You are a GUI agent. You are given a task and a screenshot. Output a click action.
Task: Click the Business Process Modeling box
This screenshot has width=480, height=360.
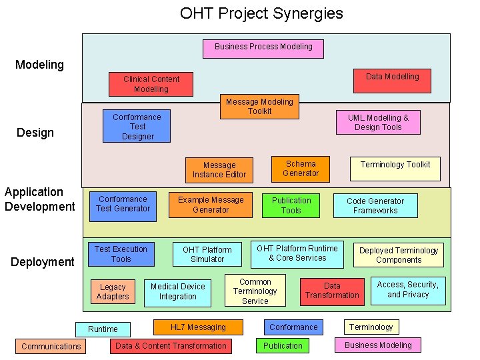tap(263, 48)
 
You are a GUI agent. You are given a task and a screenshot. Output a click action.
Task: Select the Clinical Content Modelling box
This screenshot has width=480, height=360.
tap(151, 84)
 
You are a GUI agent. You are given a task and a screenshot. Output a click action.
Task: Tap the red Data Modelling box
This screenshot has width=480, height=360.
tap(392, 80)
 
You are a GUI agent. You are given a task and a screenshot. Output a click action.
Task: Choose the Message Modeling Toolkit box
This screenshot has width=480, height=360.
tap(259, 107)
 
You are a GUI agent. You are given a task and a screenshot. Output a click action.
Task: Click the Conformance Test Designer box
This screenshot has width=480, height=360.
tap(137, 127)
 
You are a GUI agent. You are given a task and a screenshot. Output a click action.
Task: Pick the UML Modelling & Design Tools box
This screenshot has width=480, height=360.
tap(378, 123)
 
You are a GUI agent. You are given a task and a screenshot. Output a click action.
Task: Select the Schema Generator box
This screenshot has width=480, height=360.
tap(301, 169)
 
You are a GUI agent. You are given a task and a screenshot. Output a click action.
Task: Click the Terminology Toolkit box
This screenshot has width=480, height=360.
tap(395, 169)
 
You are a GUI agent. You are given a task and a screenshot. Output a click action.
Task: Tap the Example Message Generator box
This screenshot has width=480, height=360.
tap(211, 205)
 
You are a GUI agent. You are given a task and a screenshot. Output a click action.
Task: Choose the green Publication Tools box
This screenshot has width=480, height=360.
tap(291, 205)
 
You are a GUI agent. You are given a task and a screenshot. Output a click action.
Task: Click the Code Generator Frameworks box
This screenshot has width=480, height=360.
tap(375, 205)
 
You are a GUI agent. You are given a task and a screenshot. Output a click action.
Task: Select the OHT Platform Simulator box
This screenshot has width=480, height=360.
tap(207, 254)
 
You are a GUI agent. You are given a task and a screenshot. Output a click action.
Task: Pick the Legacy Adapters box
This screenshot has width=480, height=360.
tap(113, 291)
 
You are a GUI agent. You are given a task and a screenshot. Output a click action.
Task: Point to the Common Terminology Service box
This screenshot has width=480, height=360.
tap(255, 291)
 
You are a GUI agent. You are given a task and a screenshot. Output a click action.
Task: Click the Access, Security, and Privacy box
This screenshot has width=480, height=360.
tap(408, 290)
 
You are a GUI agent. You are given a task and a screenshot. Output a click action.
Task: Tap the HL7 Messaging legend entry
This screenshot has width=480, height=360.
tap(198, 327)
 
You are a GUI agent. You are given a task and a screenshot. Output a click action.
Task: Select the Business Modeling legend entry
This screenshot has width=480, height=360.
tap(378, 345)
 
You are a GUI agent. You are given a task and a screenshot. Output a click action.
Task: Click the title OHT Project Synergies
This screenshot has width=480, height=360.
tap(261, 13)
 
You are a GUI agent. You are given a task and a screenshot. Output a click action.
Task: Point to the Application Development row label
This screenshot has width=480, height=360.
tap(40, 199)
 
